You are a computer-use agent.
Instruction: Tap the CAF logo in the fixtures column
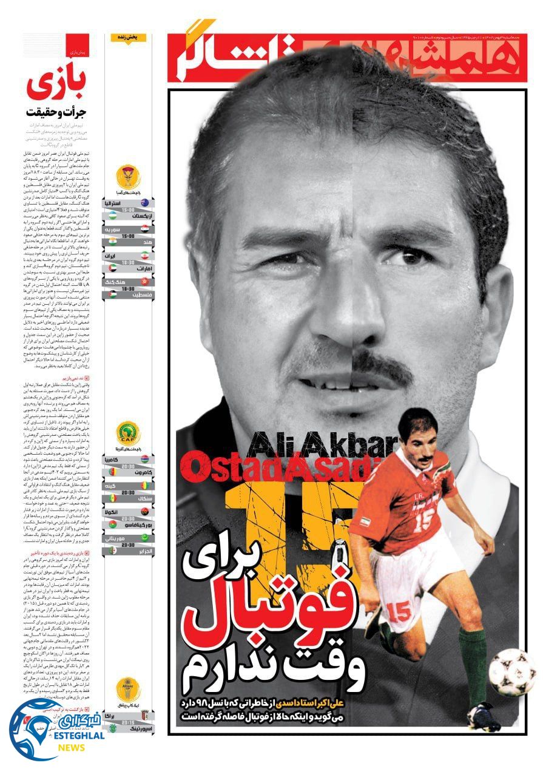click(128, 433)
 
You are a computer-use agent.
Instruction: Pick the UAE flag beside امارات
click(111, 267)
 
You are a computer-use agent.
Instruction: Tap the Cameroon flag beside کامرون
click(111, 471)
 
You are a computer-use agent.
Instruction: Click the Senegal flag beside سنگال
click(111, 498)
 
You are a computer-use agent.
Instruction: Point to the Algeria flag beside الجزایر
click(111, 551)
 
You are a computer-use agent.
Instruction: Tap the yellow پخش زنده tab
click(129, 37)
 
